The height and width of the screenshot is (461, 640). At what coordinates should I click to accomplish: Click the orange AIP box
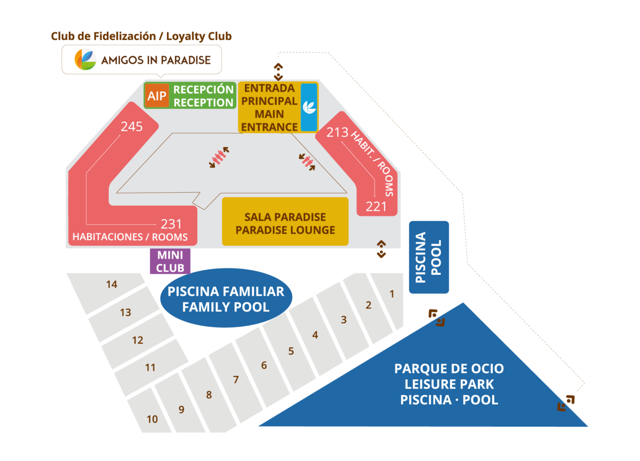point(157,96)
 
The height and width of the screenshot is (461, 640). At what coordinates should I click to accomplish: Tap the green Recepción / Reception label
point(203,96)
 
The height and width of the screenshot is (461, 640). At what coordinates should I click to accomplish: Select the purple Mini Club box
point(170,262)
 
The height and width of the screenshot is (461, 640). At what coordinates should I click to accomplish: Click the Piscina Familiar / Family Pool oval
point(226,298)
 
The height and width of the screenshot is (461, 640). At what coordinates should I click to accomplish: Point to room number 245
point(131,127)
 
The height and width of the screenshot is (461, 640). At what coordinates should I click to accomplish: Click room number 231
point(171,224)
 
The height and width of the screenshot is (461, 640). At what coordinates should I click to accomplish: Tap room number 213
point(337,132)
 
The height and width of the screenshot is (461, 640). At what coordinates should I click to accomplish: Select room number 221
point(376,206)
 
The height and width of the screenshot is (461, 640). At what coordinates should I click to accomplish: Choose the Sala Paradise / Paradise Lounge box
point(285,223)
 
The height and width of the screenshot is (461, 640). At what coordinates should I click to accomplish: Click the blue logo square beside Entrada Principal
point(309,107)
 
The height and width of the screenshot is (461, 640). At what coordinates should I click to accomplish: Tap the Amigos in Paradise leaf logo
point(85,60)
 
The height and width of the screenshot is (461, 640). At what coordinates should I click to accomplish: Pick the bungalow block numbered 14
point(112,284)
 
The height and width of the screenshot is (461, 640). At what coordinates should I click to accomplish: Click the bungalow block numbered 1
point(392,295)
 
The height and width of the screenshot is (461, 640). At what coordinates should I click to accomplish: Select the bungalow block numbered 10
point(152,419)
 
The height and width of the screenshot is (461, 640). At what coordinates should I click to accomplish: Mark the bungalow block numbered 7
point(236,380)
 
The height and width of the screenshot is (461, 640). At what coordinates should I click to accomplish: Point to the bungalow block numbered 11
point(150,367)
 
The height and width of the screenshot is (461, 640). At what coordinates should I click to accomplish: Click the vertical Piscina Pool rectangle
point(429,257)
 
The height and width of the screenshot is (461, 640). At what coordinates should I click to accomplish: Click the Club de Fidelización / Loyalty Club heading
point(141,36)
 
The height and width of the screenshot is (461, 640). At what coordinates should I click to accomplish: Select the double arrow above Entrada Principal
point(278,71)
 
